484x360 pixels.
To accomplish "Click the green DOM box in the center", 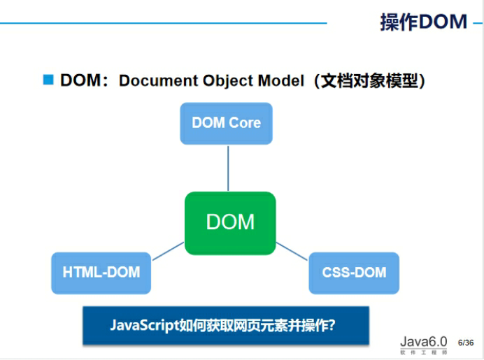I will tap(230, 223).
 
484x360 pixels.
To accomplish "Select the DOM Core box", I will tap(226, 123).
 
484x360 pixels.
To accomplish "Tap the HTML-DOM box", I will tap(101, 273).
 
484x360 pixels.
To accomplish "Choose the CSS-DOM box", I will tap(354, 273).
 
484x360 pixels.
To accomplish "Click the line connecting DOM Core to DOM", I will tap(228, 168).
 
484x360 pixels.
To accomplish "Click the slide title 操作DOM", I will tap(423, 22).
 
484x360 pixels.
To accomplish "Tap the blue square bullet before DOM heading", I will tap(48, 80).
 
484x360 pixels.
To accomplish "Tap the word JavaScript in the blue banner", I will tap(143, 325).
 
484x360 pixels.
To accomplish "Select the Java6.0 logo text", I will tap(423, 342).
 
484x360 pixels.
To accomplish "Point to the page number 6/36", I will tap(466, 343).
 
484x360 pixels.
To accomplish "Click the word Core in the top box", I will tap(243, 123).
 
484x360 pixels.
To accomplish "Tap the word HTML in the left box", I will tap(80, 273).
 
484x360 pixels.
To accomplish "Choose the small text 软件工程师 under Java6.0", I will tap(423, 353).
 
